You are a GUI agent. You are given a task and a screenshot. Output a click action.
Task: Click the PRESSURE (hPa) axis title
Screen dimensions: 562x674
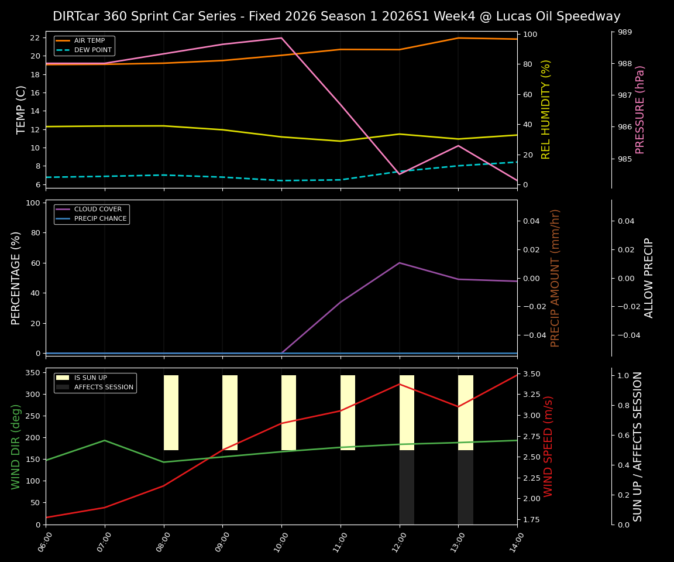(641, 109)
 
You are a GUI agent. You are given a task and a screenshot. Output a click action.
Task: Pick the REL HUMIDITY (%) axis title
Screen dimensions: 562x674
(546, 109)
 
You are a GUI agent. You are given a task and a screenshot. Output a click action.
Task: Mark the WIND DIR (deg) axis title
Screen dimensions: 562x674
(16, 446)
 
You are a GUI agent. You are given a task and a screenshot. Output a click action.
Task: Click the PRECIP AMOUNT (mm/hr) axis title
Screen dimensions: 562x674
(556, 278)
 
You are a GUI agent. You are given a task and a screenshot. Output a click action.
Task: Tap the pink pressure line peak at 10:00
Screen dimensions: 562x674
(281, 38)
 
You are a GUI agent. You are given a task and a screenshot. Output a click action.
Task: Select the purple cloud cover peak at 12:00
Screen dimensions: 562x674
(400, 263)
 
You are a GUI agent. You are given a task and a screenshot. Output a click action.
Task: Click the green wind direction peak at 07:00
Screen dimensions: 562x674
(105, 440)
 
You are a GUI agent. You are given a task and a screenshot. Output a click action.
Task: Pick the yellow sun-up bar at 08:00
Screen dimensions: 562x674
(171, 413)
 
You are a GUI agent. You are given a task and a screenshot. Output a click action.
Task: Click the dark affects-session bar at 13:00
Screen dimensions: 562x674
(466, 487)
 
